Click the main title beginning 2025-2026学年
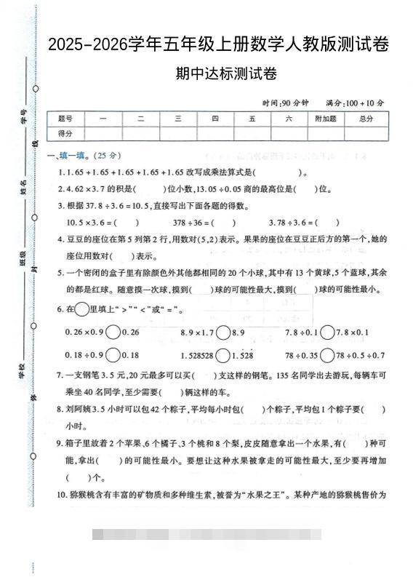pos(218,44)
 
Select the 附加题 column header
pos(325,119)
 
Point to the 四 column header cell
pos(215,119)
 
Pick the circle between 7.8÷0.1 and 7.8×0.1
pos(327,333)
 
